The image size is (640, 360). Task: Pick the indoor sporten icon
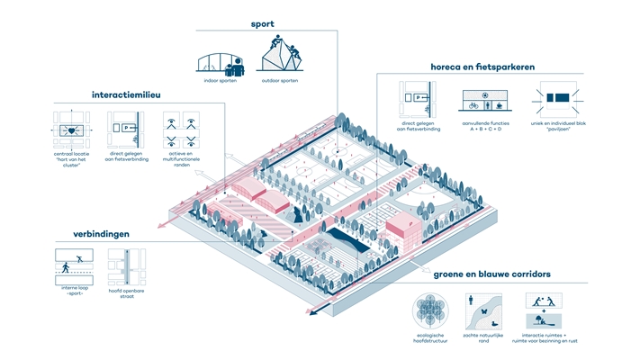[222, 58]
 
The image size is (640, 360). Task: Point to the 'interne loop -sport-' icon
[71, 266]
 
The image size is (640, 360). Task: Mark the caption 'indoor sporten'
[221, 81]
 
